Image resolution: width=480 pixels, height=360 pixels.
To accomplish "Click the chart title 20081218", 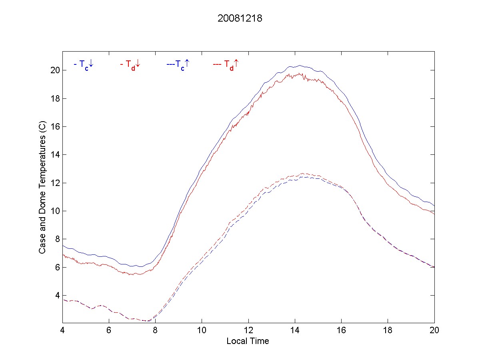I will coord(240,19).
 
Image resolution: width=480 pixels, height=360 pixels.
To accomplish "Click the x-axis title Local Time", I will coord(248,341).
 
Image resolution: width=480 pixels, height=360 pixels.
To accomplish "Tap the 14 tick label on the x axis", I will coord(295,331).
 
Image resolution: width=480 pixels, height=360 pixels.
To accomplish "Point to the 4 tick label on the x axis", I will coord(62,331).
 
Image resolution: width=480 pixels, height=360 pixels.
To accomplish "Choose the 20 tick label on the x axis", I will coord(434,331).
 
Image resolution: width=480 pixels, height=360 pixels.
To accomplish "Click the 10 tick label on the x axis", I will coord(202,331).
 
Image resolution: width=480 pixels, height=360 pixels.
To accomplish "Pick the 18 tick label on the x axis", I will coord(388,331).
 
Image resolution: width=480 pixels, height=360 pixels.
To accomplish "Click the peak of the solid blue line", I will coord(299,65).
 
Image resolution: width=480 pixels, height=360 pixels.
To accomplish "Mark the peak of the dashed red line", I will coord(303,173).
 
